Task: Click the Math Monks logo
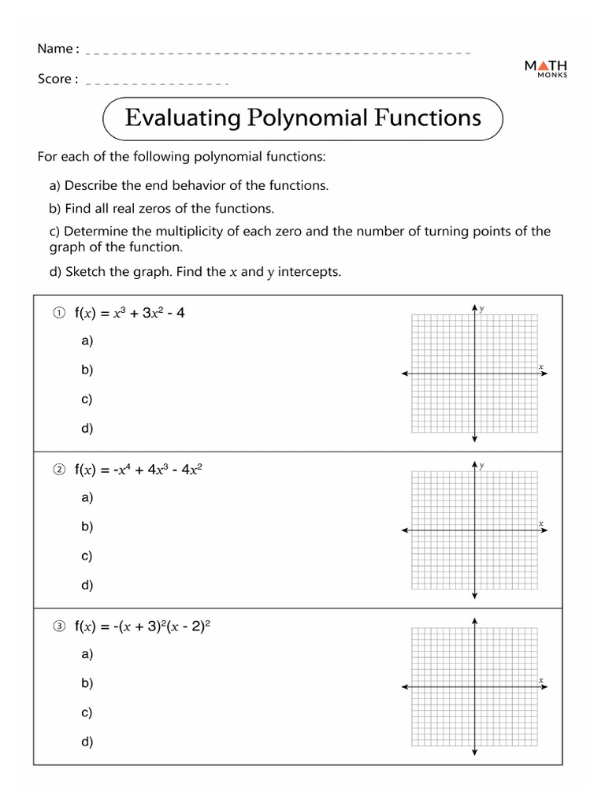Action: tap(546, 69)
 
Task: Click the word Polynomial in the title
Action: tap(308, 118)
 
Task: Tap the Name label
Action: tap(58, 49)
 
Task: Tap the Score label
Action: tap(58, 79)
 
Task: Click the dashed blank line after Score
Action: tap(157, 83)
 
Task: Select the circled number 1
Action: tap(58, 313)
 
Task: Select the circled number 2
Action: tap(58, 470)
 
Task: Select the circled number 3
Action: tap(58, 627)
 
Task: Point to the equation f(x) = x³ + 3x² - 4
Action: tap(130, 313)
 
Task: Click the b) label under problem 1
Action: tap(87, 370)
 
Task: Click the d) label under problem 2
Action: tap(87, 585)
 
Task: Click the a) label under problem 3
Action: tap(87, 654)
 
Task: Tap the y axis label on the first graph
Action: tap(481, 309)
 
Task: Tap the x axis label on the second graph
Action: tap(541, 523)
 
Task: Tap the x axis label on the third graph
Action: tap(541, 679)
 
